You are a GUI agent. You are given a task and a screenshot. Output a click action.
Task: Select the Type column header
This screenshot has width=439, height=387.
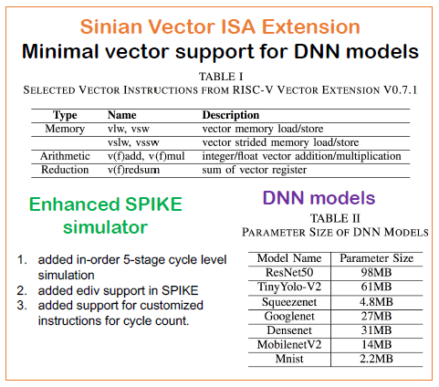click(66, 116)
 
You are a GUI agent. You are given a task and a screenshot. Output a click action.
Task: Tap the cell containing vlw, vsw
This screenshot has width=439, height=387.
click(129, 130)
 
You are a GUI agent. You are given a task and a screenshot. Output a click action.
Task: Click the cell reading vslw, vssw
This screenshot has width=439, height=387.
click(134, 143)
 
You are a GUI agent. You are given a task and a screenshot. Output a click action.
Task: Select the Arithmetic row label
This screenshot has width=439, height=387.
click(66, 156)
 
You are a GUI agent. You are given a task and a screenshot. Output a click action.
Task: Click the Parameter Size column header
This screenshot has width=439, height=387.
click(376, 258)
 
